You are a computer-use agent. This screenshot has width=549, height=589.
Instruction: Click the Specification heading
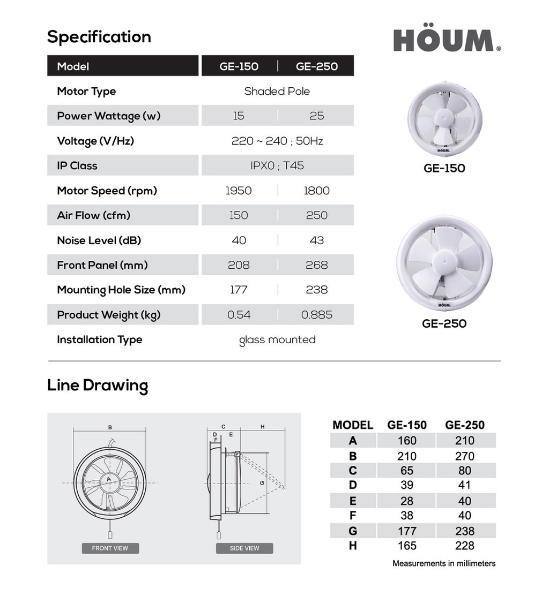99,37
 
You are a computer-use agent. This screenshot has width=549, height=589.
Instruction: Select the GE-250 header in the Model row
316,66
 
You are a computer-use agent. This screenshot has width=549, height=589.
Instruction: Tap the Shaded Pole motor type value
277,91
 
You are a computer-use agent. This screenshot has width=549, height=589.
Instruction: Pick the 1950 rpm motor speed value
239,191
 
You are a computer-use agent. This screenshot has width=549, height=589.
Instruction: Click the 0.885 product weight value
316,315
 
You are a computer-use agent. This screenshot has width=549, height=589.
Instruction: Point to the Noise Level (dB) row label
99,240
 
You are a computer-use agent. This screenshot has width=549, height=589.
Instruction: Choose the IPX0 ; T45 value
277,165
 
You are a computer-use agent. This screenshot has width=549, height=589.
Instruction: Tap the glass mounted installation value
277,339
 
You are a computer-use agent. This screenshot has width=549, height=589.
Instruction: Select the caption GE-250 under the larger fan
444,323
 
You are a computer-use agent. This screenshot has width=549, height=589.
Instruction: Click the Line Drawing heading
98,386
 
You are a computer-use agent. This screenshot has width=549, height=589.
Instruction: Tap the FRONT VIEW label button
110,548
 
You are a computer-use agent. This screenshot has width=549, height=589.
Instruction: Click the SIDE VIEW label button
244,548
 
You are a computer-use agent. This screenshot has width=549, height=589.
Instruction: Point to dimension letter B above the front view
110,427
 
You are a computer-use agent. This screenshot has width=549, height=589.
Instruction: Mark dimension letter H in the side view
263,427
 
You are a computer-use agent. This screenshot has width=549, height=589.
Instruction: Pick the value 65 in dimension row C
407,471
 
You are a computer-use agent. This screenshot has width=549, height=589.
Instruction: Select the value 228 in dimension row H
464,546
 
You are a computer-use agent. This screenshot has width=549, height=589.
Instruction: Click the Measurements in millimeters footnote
444,563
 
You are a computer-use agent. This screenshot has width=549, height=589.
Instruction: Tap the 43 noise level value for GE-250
316,240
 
